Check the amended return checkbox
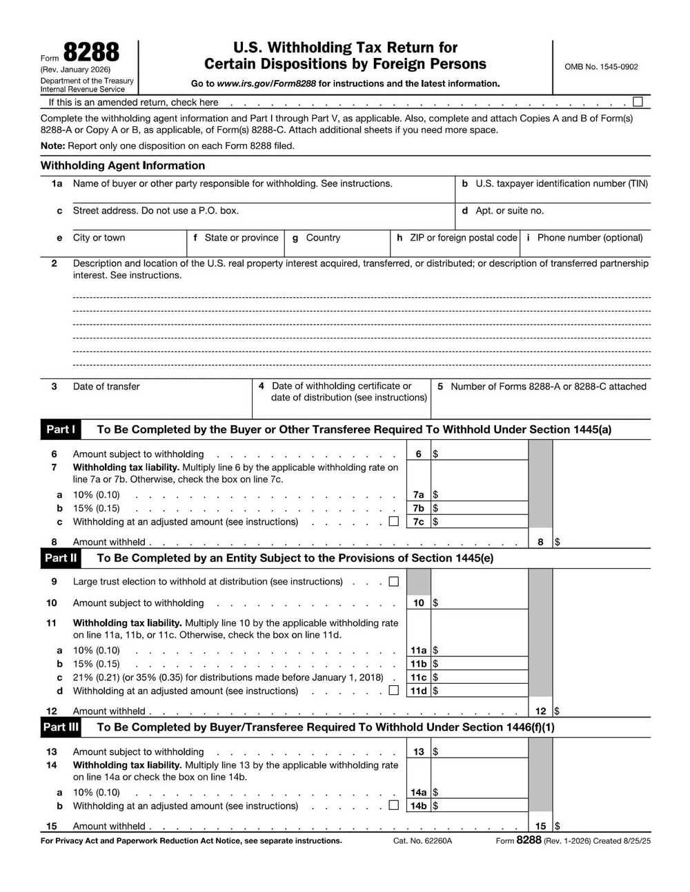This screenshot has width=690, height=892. point(638,102)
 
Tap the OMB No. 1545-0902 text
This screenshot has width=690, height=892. point(601,67)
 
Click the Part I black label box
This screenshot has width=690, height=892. point(61,429)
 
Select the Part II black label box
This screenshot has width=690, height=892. point(61,558)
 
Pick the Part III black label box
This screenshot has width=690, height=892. point(61,727)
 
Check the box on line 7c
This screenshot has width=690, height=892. point(393,522)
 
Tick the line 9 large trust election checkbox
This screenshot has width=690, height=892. point(393,582)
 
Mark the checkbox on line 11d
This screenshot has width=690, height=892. point(393,691)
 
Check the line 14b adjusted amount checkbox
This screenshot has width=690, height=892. point(393,805)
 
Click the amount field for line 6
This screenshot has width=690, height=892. point(480,454)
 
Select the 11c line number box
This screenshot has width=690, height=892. point(418,678)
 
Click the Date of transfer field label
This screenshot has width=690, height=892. point(106,387)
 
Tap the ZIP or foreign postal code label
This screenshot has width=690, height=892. point(463,238)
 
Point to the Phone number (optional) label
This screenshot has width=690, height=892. point(589,238)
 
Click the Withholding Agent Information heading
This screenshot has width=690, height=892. point(123,165)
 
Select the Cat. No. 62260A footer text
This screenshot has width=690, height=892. point(422,841)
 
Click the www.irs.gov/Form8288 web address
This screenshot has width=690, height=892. point(266,83)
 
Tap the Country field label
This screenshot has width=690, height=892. point(323,238)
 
